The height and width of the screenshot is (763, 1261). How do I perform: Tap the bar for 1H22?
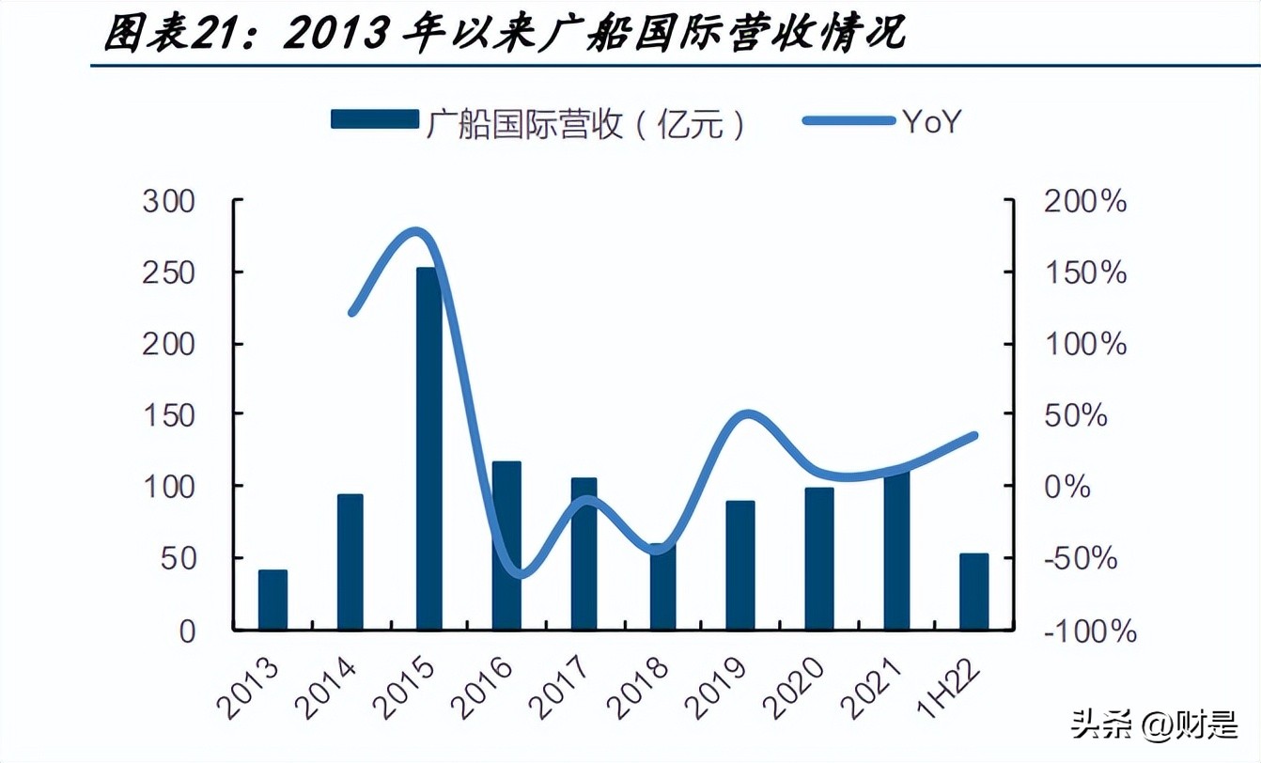tap(973, 591)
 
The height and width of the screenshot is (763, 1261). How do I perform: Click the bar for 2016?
tap(506, 545)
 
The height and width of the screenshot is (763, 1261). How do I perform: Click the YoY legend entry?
tap(931, 120)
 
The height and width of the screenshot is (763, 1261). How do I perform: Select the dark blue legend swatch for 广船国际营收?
tap(374, 119)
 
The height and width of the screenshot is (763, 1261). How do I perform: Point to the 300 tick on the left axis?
tap(168, 201)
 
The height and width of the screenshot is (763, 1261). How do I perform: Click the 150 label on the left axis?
tap(168, 415)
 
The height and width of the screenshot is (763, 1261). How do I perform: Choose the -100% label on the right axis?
tap(1089, 631)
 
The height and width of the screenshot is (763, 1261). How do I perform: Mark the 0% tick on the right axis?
tap(1068, 487)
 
